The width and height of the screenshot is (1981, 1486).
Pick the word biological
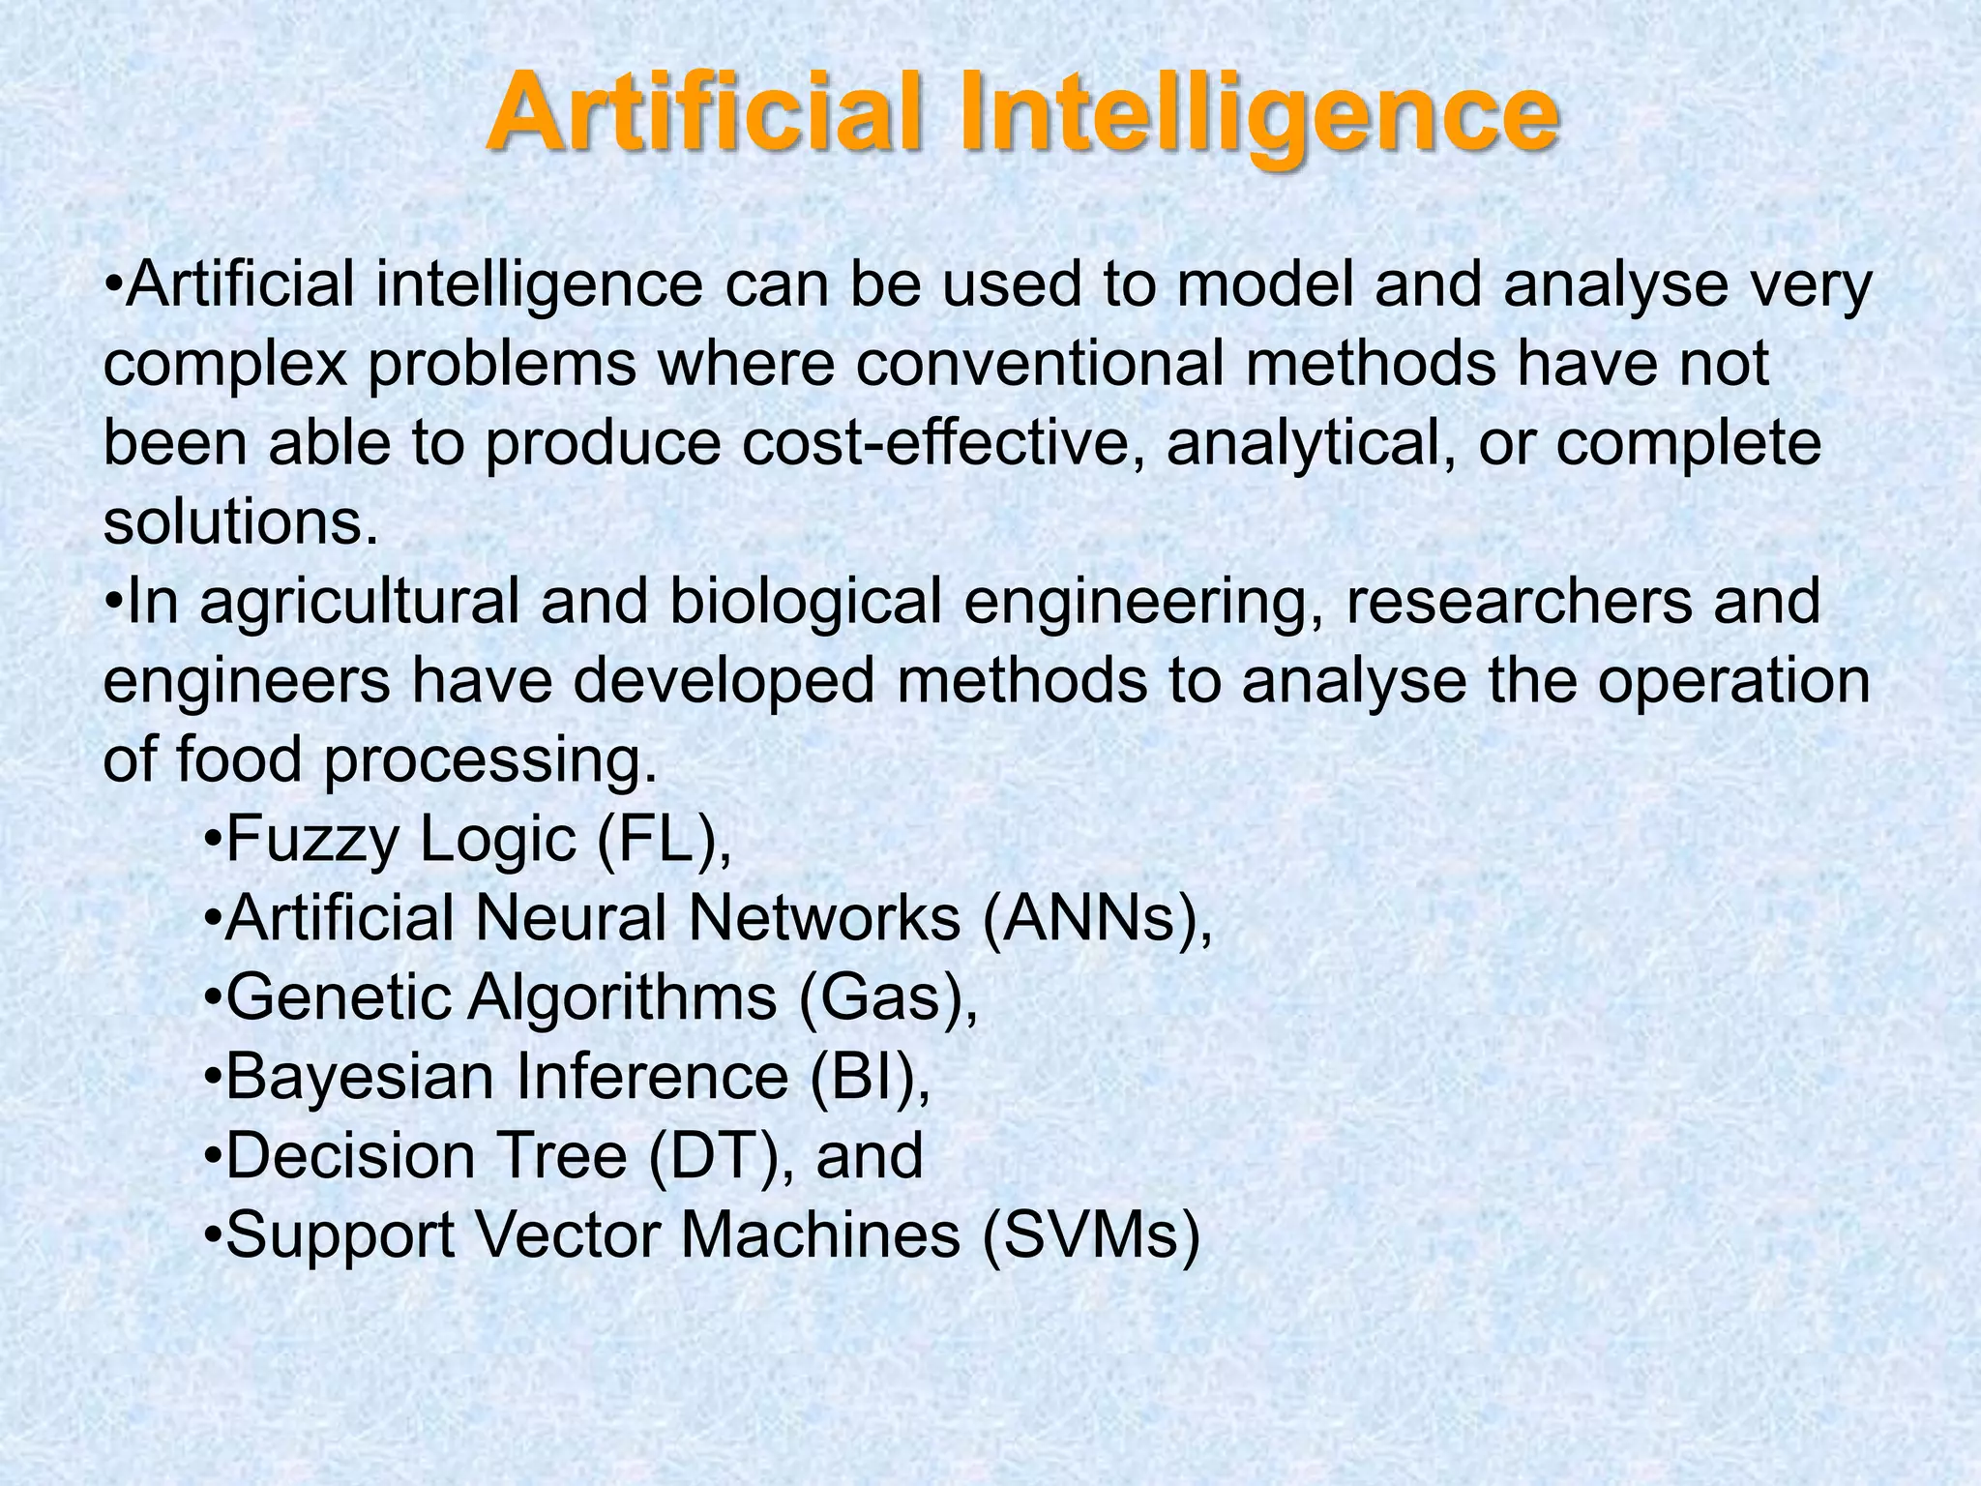point(805,601)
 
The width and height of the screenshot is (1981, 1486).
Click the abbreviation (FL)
point(663,839)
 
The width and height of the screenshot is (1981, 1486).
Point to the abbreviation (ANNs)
point(1095,918)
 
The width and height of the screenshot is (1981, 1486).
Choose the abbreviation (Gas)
point(887,997)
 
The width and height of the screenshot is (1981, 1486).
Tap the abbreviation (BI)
point(870,1077)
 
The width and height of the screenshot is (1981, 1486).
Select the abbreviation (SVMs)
point(1090,1235)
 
